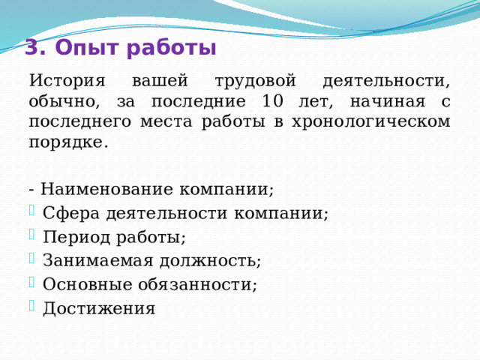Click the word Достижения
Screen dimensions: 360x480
click(99, 308)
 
